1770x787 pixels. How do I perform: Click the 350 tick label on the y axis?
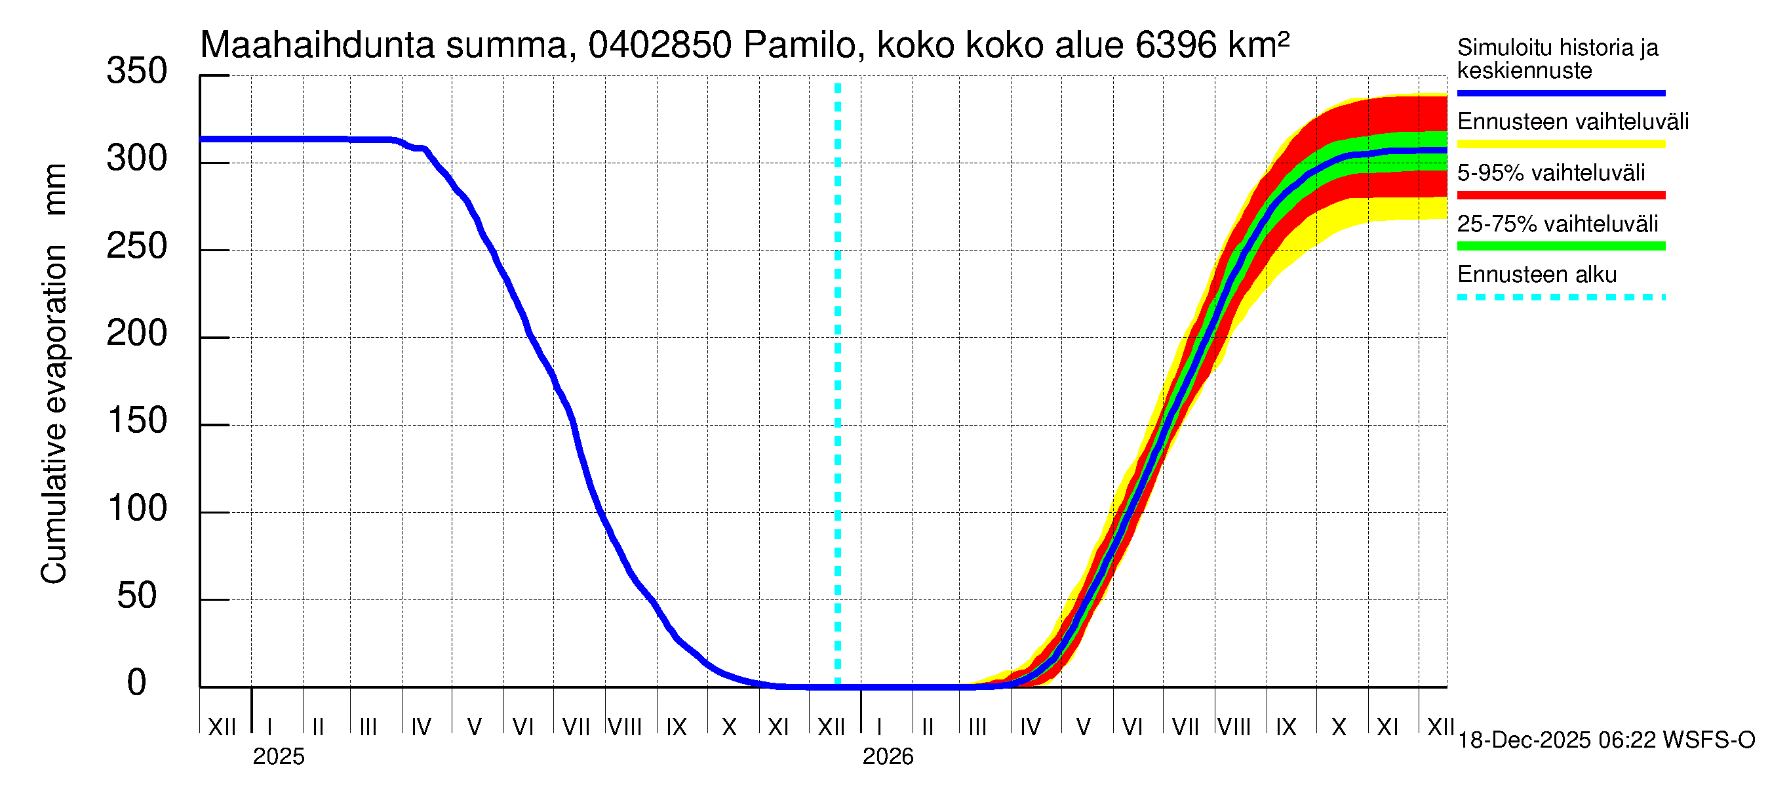click(136, 71)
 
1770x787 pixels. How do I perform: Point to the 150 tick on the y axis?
click(138, 421)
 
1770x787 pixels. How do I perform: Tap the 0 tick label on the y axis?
click(137, 683)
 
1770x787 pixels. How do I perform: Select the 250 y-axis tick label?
click(136, 247)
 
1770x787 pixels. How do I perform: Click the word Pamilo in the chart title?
click(799, 45)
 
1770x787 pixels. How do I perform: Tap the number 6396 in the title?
click(1175, 45)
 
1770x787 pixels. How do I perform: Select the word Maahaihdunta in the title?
click(317, 45)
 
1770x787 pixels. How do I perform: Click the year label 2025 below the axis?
click(278, 757)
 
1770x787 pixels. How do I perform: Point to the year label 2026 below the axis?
click(888, 757)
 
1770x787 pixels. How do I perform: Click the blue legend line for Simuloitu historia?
click(1560, 92)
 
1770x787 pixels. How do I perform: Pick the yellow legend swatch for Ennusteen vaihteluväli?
click(1560, 144)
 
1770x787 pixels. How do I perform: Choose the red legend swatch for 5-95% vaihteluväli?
click(1560, 195)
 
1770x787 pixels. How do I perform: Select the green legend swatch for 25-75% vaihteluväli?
click(1560, 246)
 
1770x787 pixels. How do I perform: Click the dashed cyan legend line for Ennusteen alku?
click(1560, 298)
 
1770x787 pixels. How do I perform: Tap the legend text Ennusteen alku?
click(1537, 275)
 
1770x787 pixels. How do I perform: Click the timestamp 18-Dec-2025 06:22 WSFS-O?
click(1605, 740)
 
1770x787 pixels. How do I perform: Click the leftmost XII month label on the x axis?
click(222, 727)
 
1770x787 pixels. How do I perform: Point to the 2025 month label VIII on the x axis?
click(625, 727)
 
